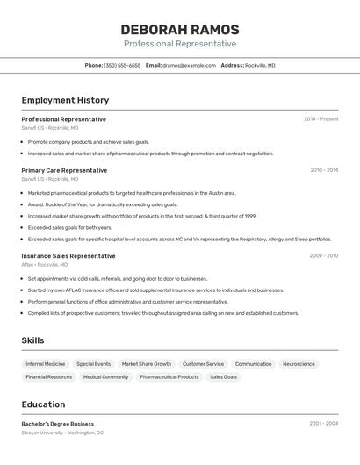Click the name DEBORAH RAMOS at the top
point(179,29)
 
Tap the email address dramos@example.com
point(189,66)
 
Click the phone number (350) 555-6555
point(122,66)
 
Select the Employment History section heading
point(65,100)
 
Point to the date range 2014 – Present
point(320,119)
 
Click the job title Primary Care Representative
point(64,170)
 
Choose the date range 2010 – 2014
point(323,170)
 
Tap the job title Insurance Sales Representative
point(68,256)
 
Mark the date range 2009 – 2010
point(323,256)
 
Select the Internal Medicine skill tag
point(46,364)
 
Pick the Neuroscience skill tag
point(299,364)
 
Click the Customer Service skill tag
point(203,364)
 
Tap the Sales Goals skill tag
point(223,377)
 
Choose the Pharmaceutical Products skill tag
point(169,377)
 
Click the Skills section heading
point(32,340)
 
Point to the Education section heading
point(43,404)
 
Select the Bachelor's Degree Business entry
point(58,424)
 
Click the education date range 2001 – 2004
point(323,424)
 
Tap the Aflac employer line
point(52,265)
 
